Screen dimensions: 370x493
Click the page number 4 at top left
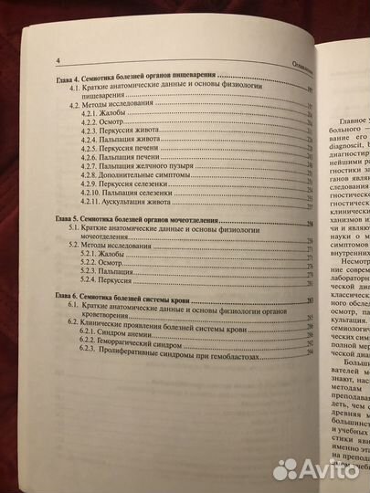tap(58, 61)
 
